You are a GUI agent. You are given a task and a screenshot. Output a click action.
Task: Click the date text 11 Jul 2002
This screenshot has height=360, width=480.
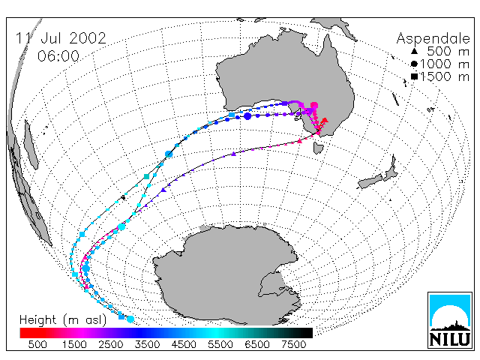(61, 38)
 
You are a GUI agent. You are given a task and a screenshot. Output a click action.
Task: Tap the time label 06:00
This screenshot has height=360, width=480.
(58, 56)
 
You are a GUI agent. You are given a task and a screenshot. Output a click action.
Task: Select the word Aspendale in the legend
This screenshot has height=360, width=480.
(433, 39)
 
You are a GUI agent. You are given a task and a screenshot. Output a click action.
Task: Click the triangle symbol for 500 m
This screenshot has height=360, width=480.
(414, 51)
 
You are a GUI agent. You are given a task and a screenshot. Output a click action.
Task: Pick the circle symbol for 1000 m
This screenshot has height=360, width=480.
(414, 64)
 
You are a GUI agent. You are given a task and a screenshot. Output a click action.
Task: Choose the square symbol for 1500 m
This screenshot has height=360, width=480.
(414, 76)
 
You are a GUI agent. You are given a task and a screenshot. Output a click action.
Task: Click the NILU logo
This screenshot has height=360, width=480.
(450, 320)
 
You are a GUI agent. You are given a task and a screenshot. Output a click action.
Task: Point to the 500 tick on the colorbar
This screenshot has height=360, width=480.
(37, 345)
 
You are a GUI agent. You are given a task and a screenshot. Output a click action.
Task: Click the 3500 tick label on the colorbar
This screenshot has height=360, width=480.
(147, 345)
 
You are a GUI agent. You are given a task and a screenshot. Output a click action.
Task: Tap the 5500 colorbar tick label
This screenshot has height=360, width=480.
(220, 345)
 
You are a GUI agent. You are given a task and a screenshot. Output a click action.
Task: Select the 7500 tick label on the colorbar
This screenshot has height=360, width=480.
(293, 345)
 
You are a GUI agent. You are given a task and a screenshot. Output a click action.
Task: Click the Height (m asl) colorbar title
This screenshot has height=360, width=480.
(63, 320)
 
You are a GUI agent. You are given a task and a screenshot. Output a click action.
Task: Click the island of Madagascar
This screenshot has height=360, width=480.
(31, 145)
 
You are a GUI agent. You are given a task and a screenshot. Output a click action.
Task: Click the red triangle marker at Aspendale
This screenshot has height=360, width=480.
(325, 120)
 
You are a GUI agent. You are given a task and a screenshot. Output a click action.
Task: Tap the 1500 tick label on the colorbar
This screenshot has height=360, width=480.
(74, 345)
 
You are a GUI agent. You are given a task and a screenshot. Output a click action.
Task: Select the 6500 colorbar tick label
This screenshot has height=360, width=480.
(257, 345)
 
